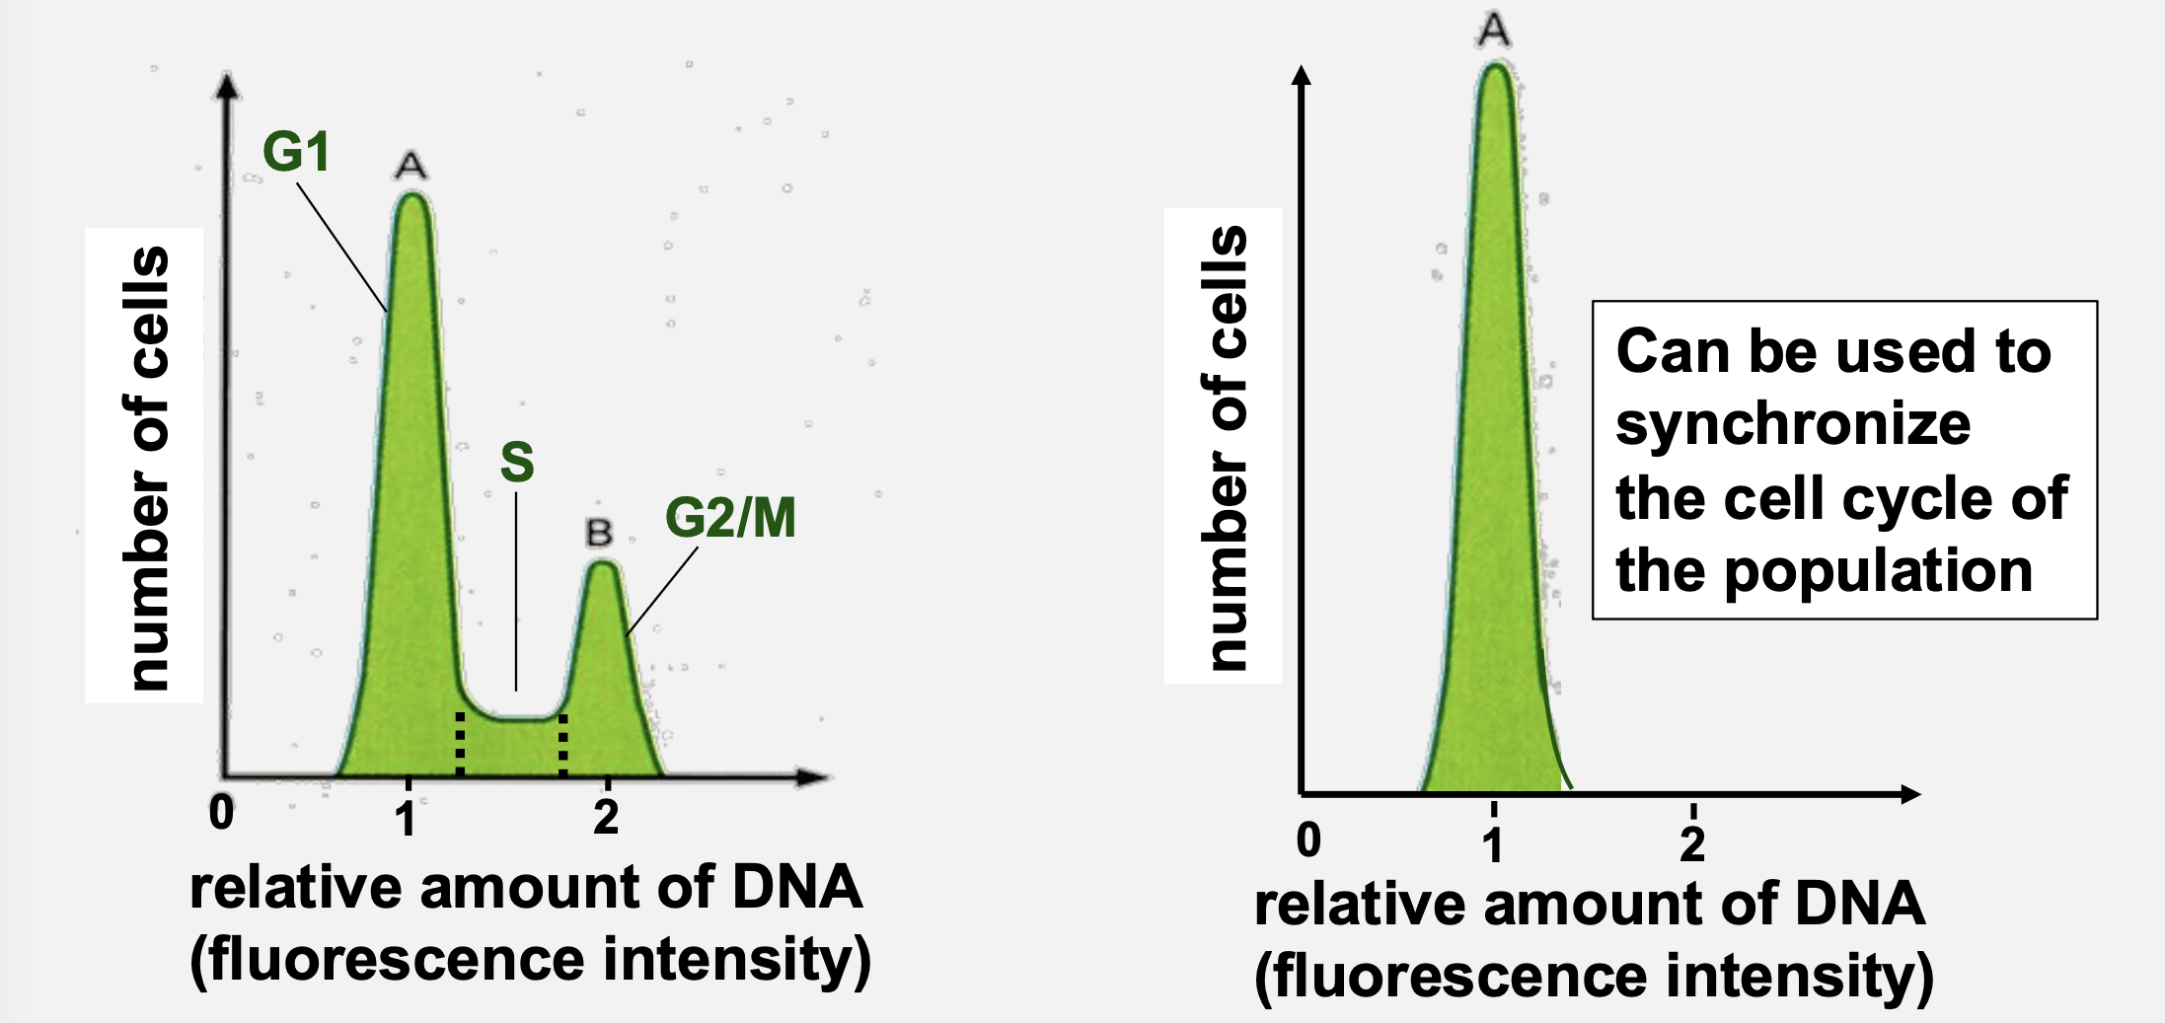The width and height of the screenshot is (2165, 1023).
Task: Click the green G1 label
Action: pos(295,153)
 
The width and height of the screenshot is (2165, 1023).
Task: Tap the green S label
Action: pos(517,462)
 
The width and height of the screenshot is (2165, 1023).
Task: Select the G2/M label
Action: pos(730,518)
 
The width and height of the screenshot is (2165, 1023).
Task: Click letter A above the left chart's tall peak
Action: pos(411,166)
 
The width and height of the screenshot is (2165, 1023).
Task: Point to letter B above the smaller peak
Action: pos(599,534)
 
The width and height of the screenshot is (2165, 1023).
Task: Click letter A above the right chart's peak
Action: pos(1493,30)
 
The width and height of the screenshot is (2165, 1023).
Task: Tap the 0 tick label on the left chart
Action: pos(222,813)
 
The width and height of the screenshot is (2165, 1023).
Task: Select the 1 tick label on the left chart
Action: pos(406,819)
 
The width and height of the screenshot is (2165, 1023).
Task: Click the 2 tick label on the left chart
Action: pos(606,818)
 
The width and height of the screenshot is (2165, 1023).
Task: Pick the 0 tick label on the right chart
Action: pos(1308,840)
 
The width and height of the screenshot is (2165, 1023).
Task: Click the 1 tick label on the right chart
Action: pos(1493,844)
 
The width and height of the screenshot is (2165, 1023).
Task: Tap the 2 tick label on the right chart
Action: pos(1692,844)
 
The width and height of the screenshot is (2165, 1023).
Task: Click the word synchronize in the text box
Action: pos(1793,425)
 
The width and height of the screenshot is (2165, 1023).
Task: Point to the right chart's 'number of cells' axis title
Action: pos(1225,448)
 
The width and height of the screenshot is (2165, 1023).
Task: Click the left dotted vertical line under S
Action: pos(460,744)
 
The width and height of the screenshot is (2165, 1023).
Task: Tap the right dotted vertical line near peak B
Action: pos(562,744)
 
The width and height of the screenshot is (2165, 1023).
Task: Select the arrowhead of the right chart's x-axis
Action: pos(1910,794)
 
